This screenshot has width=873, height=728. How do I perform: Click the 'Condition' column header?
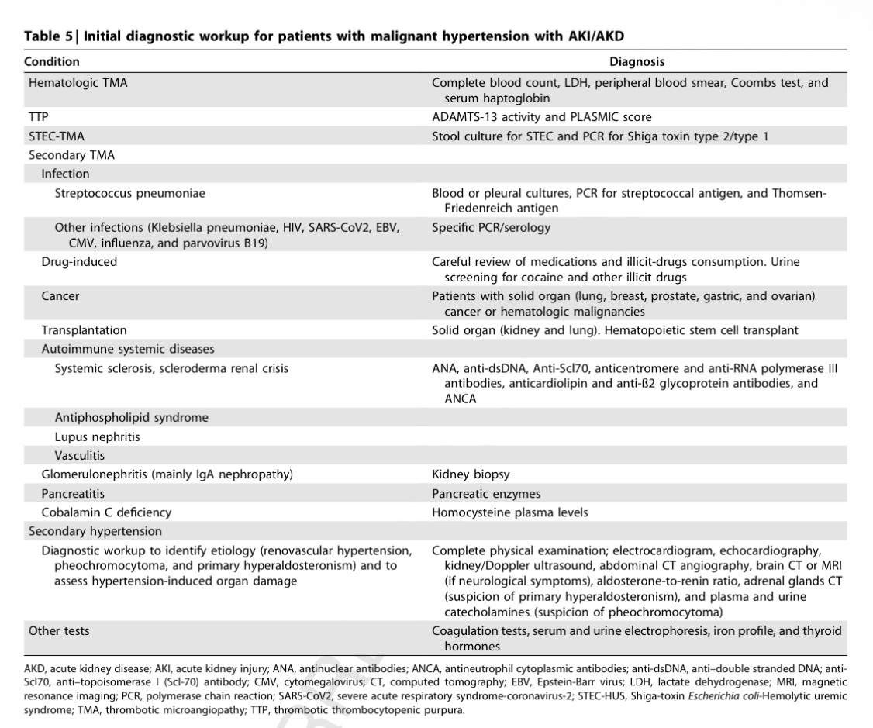(52, 61)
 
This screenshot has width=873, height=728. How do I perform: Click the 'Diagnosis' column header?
(637, 61)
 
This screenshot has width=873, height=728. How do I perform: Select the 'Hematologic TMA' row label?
(78, 82)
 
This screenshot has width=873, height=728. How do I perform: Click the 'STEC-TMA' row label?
(56, 136)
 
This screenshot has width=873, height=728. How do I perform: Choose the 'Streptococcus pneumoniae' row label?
(129, 193)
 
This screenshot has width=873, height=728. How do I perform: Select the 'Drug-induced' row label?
(79, 262)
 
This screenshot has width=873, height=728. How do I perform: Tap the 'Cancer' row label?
(60, 296)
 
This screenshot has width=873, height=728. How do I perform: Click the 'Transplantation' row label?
(84, 330)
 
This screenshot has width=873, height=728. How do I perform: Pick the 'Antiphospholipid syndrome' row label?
(131, 418)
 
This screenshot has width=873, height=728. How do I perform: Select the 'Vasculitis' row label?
(79, 455)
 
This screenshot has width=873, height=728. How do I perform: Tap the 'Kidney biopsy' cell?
(471, 474)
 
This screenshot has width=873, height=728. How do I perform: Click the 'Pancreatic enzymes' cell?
(486, 494)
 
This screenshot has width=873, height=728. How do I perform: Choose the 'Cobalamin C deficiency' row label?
(106, 512)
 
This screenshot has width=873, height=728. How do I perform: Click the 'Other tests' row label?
(60, 631)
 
